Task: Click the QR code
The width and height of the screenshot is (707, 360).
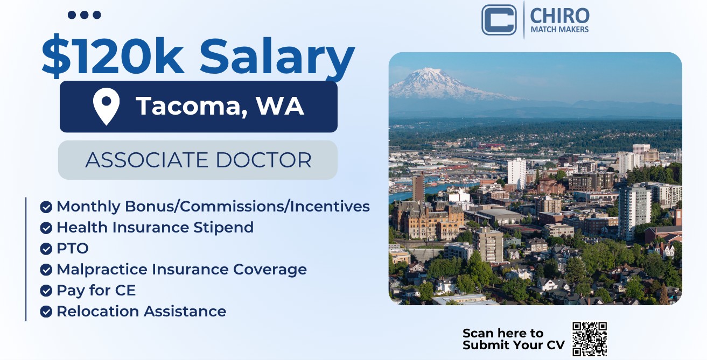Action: tap(590, 339)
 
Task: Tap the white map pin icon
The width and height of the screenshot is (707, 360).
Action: tap(107, 107)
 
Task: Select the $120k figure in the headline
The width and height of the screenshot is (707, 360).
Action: tap(113, 56)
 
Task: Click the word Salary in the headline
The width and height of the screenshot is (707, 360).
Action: tap(277, 58)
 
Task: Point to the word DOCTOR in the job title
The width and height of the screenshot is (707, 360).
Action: tap(264, 160)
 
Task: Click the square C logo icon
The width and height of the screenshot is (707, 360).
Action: tap(499, 19)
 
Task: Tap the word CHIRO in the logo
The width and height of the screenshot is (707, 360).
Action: tap(559, 16)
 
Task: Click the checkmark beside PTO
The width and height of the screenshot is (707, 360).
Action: tap(46, 249)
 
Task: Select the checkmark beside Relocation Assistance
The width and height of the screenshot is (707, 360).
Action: tap(46, 312)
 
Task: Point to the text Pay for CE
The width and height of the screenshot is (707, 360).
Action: tap(96, 290)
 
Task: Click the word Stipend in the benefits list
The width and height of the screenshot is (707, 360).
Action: tap(223, 228)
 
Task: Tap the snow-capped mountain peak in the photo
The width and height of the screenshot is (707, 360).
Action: tap(429, 74)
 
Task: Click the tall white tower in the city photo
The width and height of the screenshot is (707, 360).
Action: tap(517, 173)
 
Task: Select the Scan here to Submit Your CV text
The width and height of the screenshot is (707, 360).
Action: tap(514, 339)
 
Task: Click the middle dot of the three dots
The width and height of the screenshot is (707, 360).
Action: tap(85, 15)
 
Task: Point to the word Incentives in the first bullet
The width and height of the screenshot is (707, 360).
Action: tap(330, 206)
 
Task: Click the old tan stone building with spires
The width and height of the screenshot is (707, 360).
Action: tap(428, 221)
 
